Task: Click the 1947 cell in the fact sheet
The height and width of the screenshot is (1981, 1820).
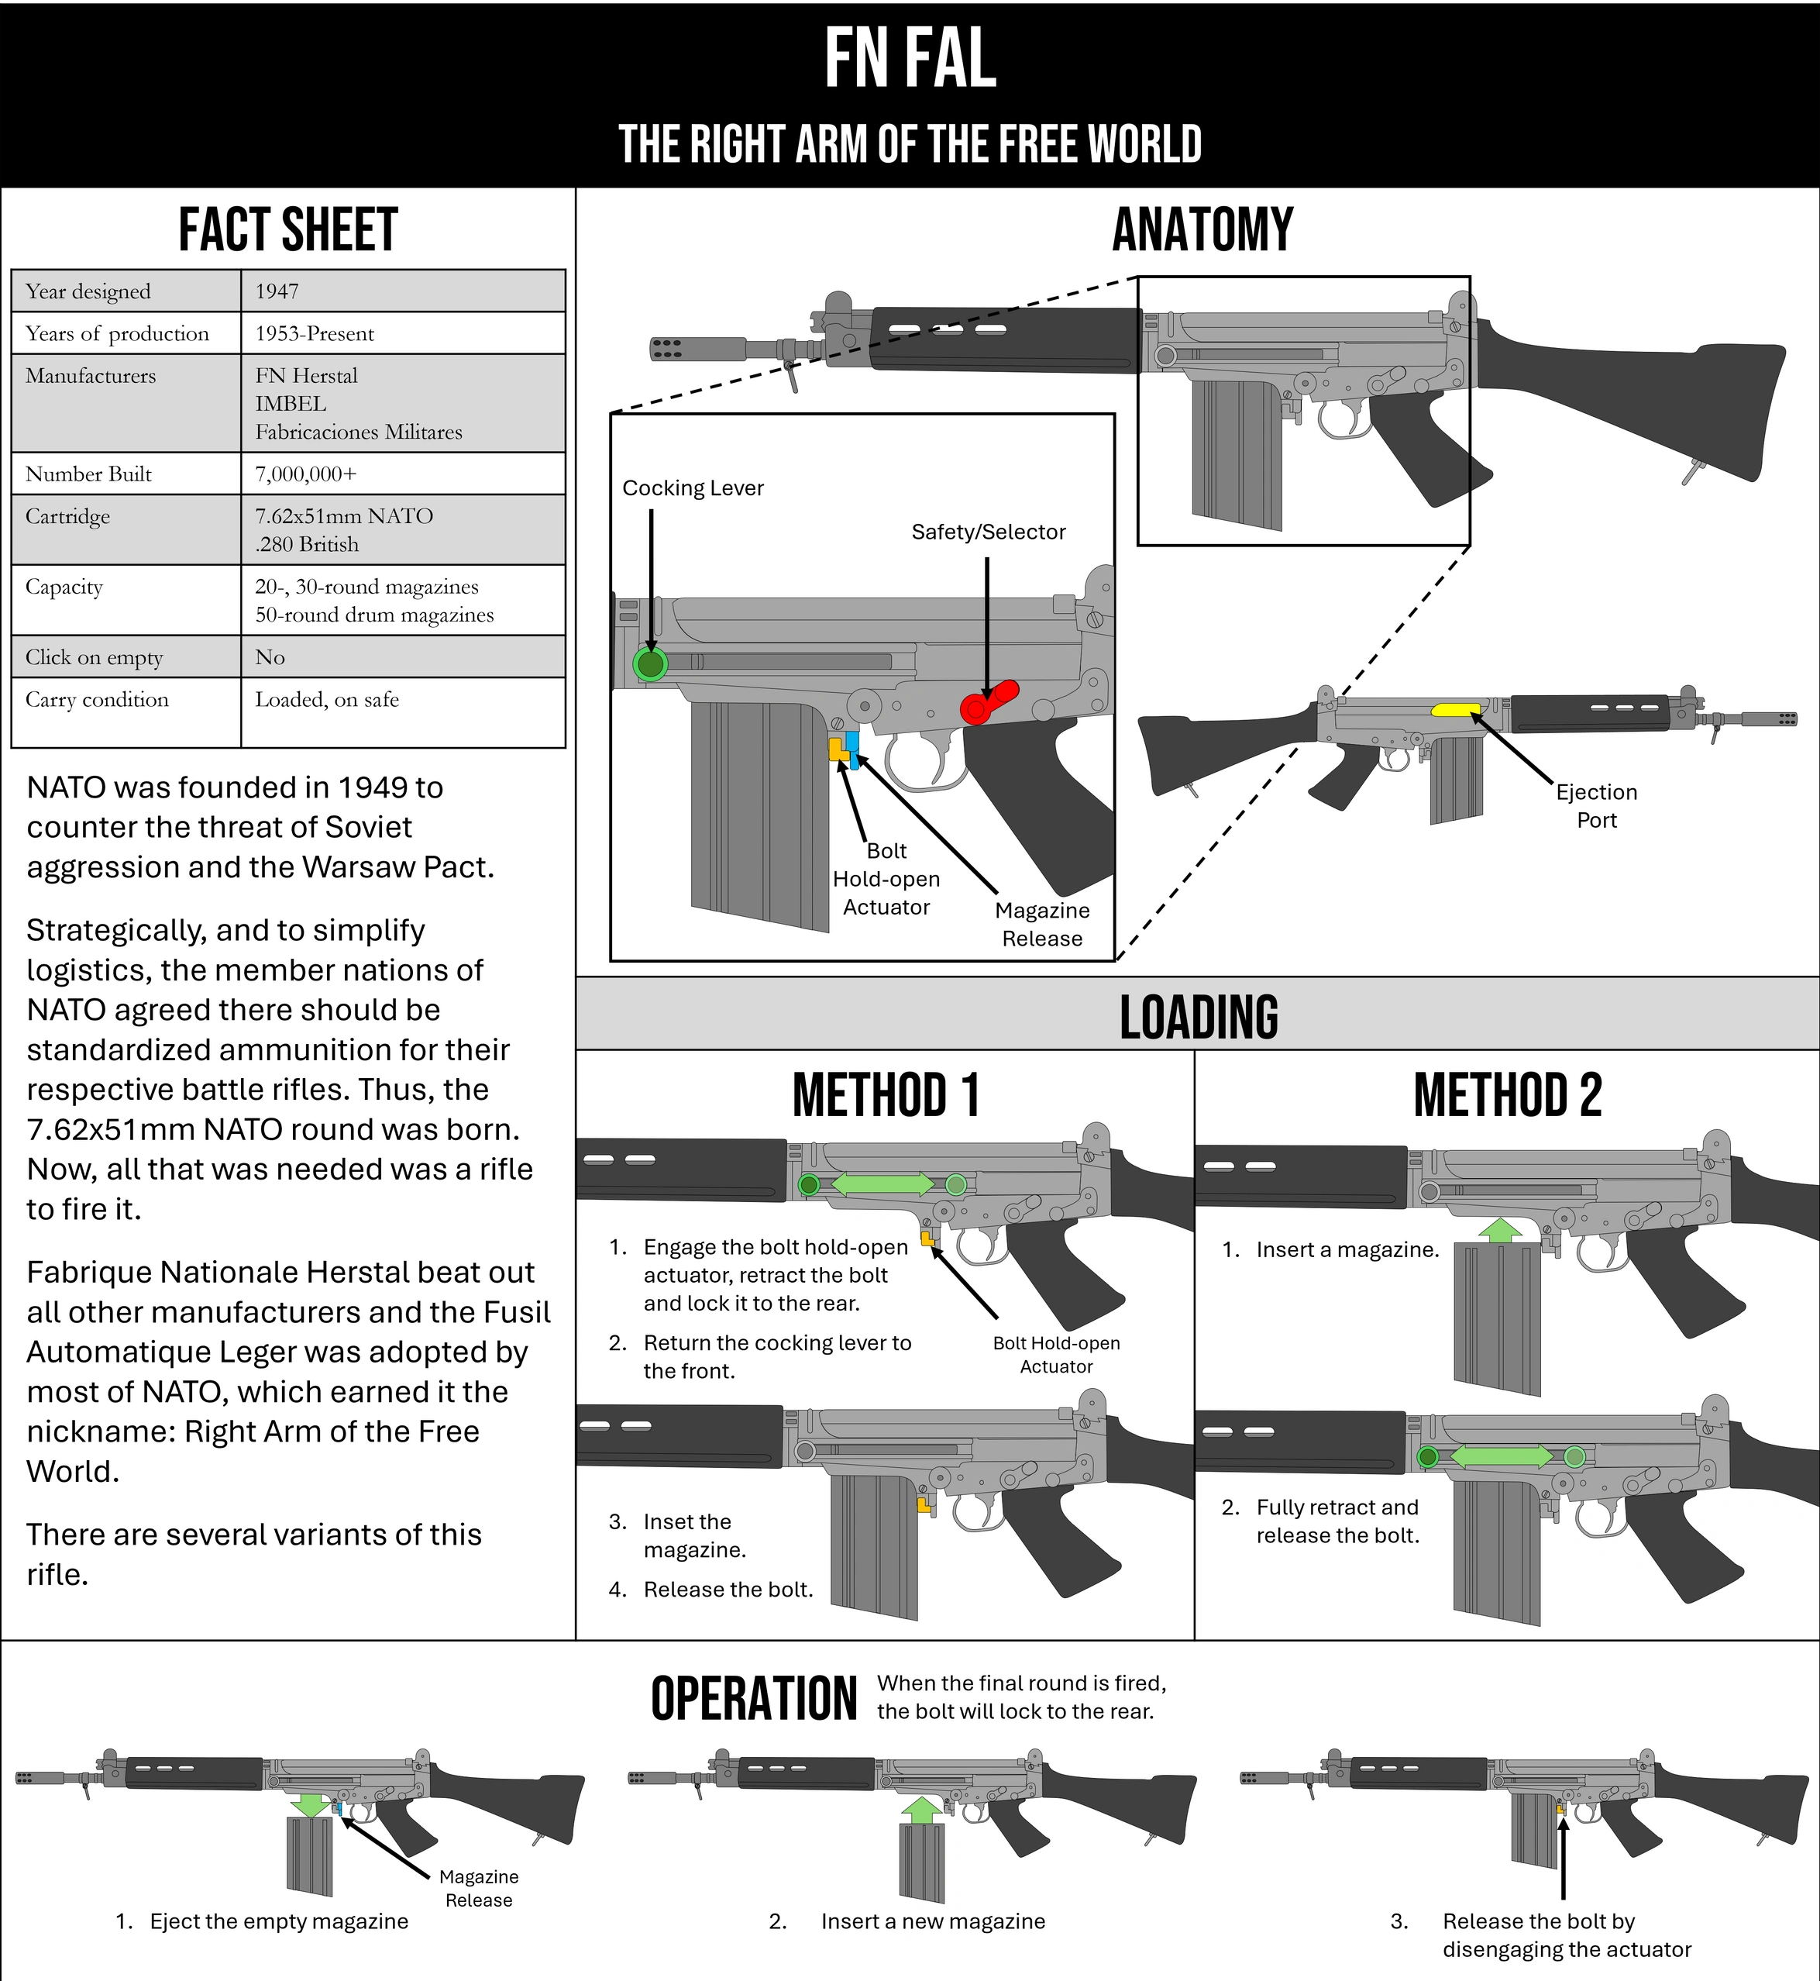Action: pyautogui.click(x=277, y=291)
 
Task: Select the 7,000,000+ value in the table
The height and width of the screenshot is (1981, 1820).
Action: pyautogui.click(x=305, y=474)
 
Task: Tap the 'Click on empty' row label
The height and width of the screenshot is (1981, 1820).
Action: pyautogui.click(x=94, y=657)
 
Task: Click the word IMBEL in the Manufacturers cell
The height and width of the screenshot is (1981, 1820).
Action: pyautogui.click(x=291, y=403)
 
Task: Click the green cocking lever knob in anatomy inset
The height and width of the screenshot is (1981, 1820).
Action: pyautogui.click(x=650, y=664)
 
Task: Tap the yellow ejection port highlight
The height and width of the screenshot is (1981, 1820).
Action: pyautogui.click(x=1456, y=709)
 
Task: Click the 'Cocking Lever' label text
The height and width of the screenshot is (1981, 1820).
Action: pyautogui.click(x=693, y=487)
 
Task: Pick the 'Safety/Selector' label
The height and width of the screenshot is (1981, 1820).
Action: pyautogui.click(x=988, y=532)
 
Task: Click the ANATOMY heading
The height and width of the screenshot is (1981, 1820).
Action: pyautogui.click(x=1202, y=230)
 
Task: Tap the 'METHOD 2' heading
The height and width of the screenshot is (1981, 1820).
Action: pyautogui.click(x=1507, y=1095)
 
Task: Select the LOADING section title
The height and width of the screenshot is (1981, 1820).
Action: pyautogui.click(x=1199, y=1017)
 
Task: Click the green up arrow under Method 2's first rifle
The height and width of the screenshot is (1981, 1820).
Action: pyautogui.click(x=1500, y=1229)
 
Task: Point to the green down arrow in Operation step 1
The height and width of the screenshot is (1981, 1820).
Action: pyautogui.click(x=311, y=1804)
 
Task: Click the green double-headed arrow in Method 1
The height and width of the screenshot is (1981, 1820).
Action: pyautogui.click(x=882, y=1184)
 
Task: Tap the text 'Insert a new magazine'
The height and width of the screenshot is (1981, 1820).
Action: pyautogui.click(x=933, y=1920)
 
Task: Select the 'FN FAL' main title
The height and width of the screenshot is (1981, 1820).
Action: pyautogui.click(x=910, y=59)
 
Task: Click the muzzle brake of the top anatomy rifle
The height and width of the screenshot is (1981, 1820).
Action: pyautogui.click(x=679, y=348)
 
